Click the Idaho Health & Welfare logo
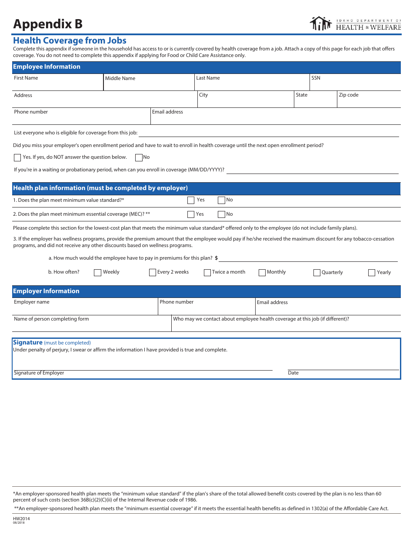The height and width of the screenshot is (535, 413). [355, 23]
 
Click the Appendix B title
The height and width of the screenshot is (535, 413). [47, 24]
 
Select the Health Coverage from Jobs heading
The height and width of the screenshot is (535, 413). [70, 40]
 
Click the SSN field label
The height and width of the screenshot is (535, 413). [316, 78]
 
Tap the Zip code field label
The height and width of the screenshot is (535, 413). [349, 95]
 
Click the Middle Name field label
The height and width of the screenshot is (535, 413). [120, 78]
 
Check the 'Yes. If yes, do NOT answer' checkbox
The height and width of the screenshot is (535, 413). [17, 157]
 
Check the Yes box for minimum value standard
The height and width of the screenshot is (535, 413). [191, 200]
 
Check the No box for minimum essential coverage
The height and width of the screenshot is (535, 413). [221, 214]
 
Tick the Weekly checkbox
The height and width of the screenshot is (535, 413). [98, 273]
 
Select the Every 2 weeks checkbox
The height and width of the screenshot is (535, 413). [153, 273]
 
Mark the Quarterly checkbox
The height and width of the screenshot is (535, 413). [317, 273]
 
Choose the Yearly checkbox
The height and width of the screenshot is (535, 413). [372, 273]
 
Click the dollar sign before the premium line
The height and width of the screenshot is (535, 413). [216, 258]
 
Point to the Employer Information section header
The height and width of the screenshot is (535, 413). [46, 291]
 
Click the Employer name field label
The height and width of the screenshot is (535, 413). [32, 302]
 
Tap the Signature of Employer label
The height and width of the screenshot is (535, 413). [39, 373]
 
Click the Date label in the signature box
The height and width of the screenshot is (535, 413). [293, 373]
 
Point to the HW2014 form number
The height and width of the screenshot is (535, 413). [21, 518]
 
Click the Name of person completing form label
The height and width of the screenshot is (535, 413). [51, 319]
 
